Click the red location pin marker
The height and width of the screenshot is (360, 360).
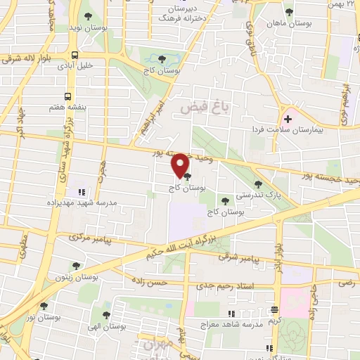[x=180, y=167]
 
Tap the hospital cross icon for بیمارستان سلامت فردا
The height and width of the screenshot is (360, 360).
[x=287, y=119]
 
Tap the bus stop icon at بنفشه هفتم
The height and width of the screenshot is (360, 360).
[x=67, y=96]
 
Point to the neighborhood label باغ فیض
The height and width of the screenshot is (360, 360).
[x=201, y=107]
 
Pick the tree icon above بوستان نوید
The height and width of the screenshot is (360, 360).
[x=86, y=15]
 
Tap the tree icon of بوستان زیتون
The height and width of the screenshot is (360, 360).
[x=76, y=266]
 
